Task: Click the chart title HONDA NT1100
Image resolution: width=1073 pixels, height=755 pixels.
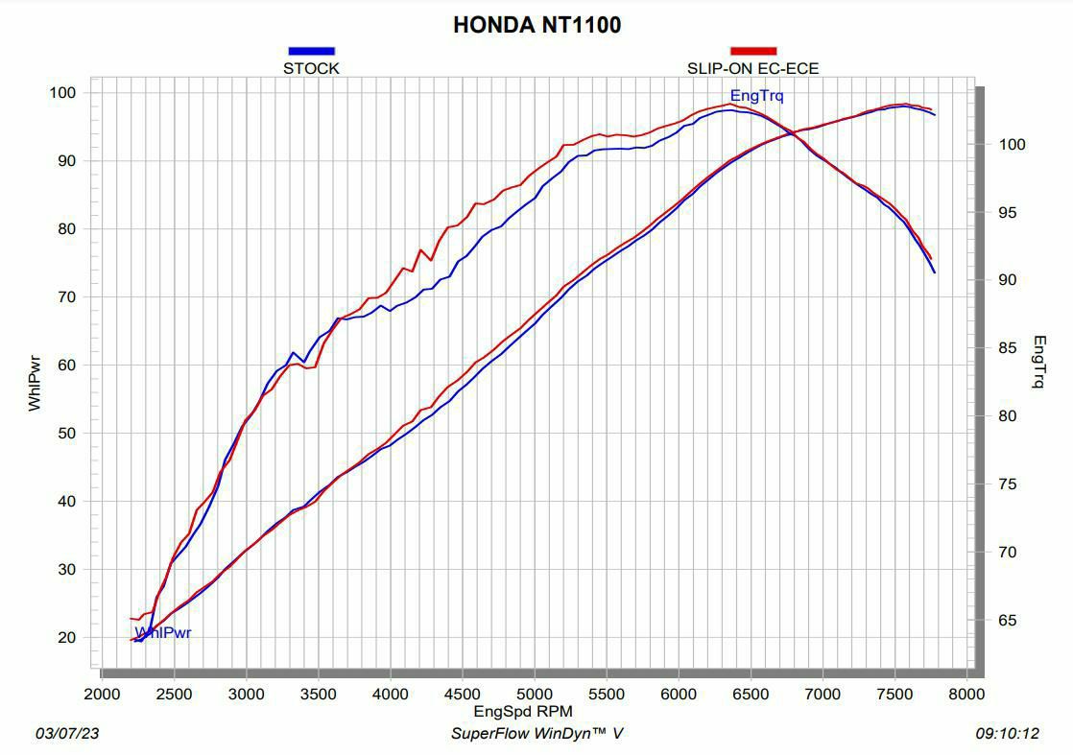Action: tap(536, 25)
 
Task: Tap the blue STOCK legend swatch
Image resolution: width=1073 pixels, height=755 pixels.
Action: tap(311, 51)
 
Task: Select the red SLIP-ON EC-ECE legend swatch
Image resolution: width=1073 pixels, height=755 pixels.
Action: tap(753, 51)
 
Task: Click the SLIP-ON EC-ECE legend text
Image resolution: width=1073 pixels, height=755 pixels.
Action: tap(752, 68)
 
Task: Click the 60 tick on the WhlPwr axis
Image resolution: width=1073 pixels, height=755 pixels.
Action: tap(66, 366)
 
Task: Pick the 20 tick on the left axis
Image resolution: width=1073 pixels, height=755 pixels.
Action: tap(66, 638)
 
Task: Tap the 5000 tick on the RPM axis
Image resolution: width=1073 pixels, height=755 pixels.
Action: tap(535, 695)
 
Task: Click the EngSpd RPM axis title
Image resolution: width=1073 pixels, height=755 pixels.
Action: tap(523, 712)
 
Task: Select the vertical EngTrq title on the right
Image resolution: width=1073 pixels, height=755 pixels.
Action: tap(1038, 362)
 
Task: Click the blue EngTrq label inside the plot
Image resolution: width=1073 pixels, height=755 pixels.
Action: tap(756, 96)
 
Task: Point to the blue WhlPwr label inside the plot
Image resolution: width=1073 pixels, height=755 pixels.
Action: tap(163, 633)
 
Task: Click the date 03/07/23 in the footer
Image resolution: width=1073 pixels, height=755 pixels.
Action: tap(67, 734)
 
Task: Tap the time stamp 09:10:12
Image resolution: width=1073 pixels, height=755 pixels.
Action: tap(1007, 734)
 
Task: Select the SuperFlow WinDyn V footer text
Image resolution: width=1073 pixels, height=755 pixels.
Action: tap(536, 734)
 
